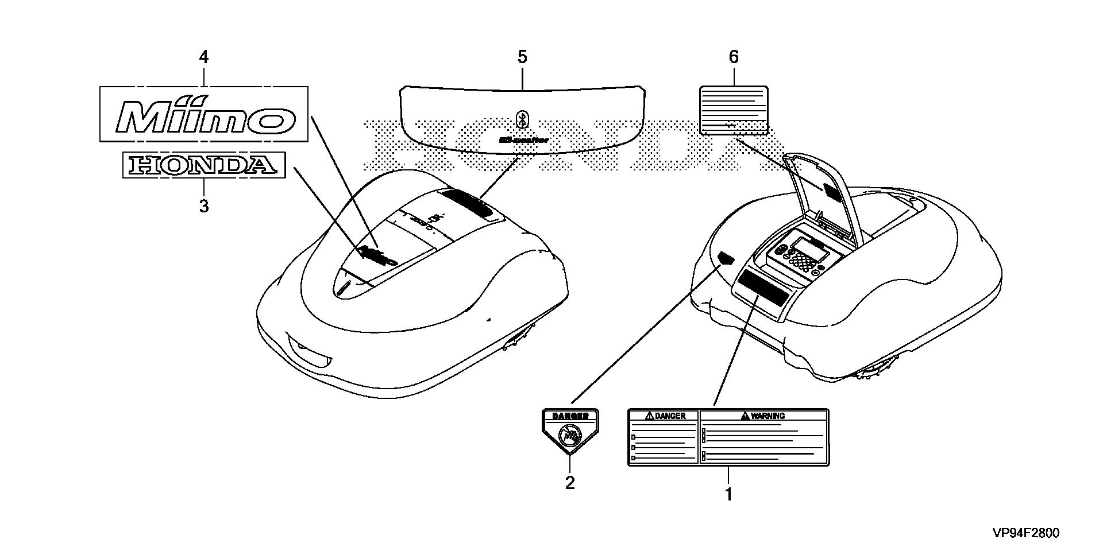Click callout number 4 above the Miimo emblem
pyautogui.click(x=203, y=57)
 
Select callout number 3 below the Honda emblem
pyautogui.click(x=204, y=206)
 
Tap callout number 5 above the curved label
pyautogui.click(x=522, y=57)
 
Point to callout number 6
pyautogui.click(x=733, y=57)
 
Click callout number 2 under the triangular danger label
pyautogui.click(x=569, y=483)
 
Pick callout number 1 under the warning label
pyautogui.click(x=728, y=494)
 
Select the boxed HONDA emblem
pyautogui.click(x=204, y=165)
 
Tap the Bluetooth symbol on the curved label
pyautogui.click(x=522, y=119)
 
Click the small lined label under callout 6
pyautogui.click(x=734, y=110)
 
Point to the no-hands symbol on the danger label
pyautogui.click(x=569, y=437)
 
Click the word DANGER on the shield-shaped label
pyautogui.click(x=570, y=416)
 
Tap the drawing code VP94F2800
pyautogui.click(x=1026, y=533)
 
